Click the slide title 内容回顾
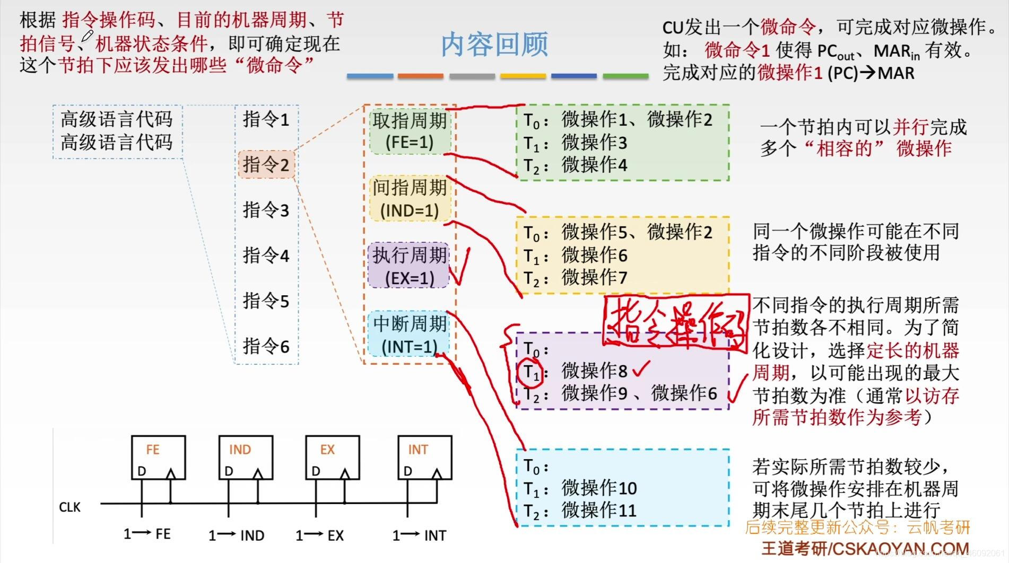pos(494,44)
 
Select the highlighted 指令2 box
pos(266,164)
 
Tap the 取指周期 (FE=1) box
pos(410,131)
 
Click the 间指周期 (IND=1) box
pos(410,199)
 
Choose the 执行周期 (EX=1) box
pos(408,266)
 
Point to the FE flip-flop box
pos(158,457)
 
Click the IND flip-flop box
pos(246,457)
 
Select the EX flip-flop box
pos(332,457)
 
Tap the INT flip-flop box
pos(424,457)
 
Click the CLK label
pos(69,507)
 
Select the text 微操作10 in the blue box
pos(599,488)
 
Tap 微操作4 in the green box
pos(594,165)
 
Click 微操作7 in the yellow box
pos(594,277)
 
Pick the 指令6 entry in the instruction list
pos(266,346)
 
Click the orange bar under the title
pos(420,76)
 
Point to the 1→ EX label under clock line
pos(320,535)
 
